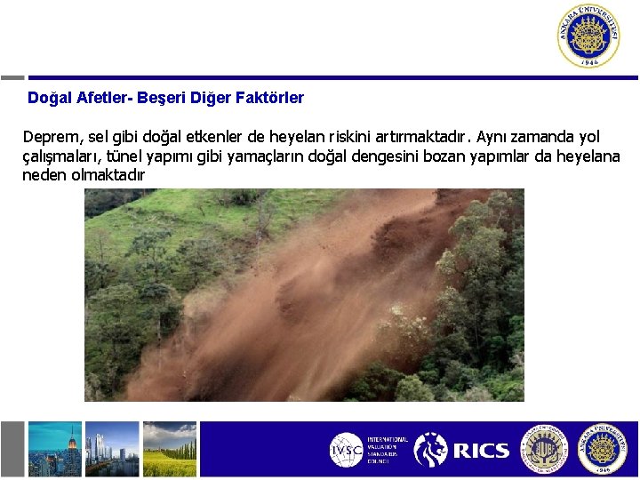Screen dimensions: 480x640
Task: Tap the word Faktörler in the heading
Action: click(270, 98)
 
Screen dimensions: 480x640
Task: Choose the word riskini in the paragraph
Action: click(356, 138)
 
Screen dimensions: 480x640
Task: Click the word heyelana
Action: click(589, 157)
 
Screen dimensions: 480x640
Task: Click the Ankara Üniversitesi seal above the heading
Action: click(588, 36)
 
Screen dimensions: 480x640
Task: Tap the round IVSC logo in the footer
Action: click(347, 450)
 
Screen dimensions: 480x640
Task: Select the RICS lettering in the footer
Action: click(481, 451)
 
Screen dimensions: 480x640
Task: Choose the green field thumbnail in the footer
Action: click(169, 449)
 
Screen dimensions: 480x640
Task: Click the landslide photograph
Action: click(304, 295)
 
